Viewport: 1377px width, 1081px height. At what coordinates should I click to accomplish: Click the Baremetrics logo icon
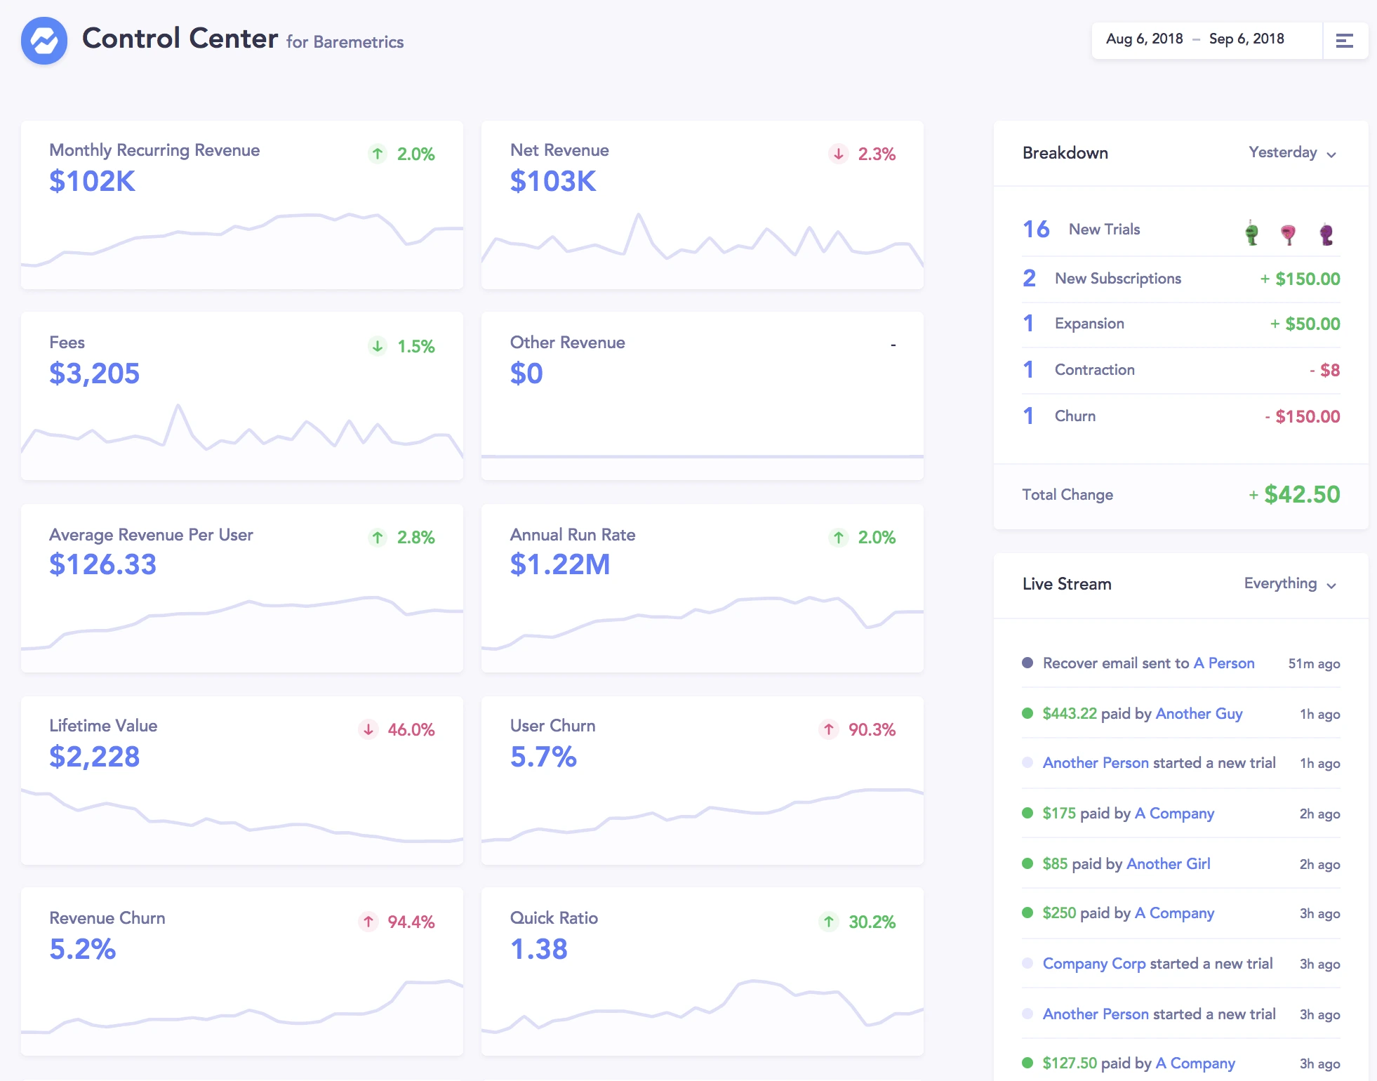[44, 41]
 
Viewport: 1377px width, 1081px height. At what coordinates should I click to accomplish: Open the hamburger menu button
[1344, 41]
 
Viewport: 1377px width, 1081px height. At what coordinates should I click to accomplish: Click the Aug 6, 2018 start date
[1144, 39]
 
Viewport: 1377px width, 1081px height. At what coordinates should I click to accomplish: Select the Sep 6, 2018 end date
[1246, 39]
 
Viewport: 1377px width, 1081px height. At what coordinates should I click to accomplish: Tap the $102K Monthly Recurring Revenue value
[92, 181]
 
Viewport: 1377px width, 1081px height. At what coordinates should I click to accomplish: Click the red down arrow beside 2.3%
[839, 154]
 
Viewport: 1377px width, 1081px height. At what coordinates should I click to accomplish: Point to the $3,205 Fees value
[94, 373]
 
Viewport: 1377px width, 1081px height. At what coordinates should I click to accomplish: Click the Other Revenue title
[567, 343]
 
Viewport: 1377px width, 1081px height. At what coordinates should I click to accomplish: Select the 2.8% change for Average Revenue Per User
[415, 538]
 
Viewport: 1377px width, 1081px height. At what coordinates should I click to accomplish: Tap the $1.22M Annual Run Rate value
[560, 564]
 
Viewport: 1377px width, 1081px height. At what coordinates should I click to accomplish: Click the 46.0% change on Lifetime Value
[411, 730]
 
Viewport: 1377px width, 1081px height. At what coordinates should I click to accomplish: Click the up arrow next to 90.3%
[829, 729]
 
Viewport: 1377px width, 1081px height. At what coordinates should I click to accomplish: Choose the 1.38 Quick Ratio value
[538, 949]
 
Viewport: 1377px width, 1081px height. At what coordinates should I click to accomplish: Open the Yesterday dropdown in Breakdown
[1291, 153]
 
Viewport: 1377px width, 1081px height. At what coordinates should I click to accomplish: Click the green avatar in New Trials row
[1251, 232]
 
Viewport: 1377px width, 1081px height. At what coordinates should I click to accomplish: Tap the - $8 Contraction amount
[1324, 370]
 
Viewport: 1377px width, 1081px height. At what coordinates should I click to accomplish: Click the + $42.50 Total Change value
[1295, 495]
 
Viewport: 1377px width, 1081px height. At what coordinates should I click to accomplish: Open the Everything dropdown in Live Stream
[1289, 584]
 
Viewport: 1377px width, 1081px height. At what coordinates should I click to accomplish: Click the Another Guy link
[1199, 714]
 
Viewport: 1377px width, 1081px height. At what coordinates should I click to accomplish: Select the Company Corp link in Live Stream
[1093, 964]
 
